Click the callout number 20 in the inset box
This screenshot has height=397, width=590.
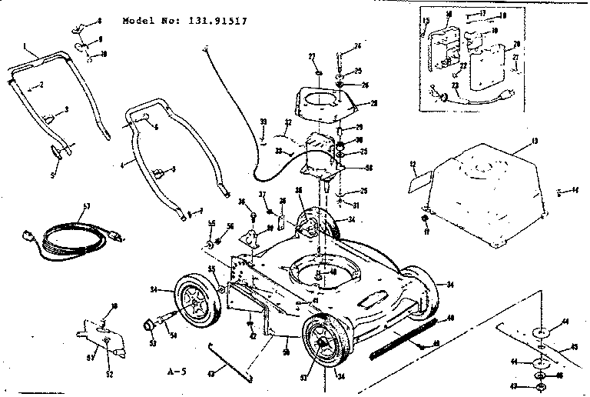pos(515,44)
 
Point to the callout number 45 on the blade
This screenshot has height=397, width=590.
pos(573,346)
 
